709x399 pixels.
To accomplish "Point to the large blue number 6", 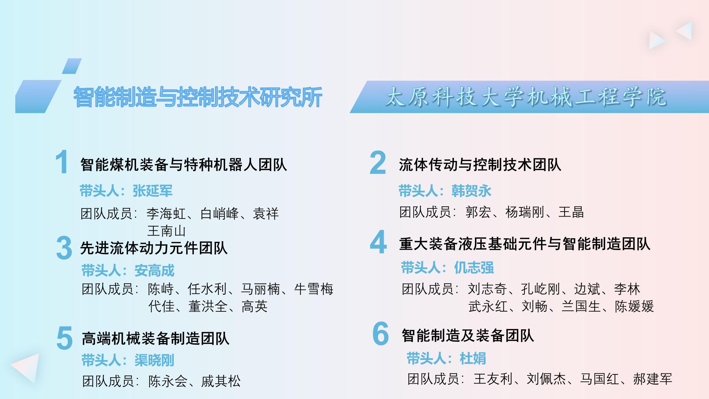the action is point(380,333).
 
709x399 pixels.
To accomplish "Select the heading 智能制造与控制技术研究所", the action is point(198,97).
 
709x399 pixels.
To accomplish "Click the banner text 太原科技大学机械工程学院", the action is point(526,97).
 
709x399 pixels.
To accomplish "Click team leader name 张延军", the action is point(152,191).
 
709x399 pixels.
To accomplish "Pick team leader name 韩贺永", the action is point(471,191).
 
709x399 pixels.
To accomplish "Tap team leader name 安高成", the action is point(154,271).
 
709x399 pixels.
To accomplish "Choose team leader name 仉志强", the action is point(474,268).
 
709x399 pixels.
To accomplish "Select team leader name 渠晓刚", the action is point(154,360).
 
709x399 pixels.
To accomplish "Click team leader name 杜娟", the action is point(473,358).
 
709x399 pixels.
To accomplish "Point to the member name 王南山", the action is point(167,231).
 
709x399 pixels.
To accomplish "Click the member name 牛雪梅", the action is point(314,289).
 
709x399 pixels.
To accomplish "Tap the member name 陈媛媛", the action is point(634,306).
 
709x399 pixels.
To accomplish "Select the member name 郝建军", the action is point(653,379).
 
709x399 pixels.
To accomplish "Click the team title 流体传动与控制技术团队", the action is point(480,165).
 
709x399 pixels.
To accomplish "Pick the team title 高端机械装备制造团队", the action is point(155,338).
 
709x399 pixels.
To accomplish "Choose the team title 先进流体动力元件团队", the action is point(154,248).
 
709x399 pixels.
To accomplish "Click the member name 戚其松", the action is point(221,381).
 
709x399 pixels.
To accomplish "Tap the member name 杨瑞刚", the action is point(525,212).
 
